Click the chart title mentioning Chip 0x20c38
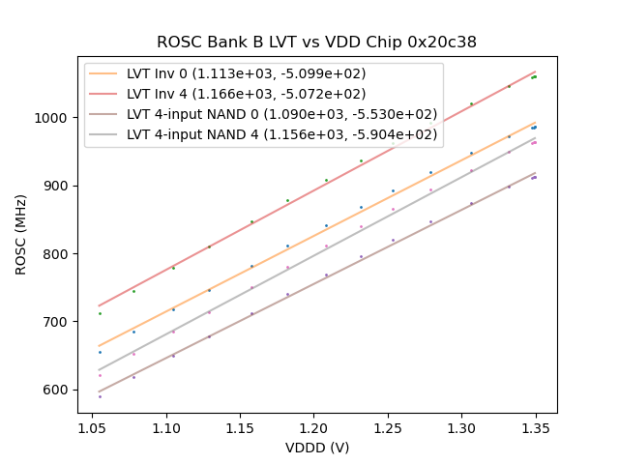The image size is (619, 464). (316, 43)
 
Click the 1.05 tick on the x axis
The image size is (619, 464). (92, 426)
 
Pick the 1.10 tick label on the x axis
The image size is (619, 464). (165, 426)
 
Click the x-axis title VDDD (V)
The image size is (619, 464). (316, 448)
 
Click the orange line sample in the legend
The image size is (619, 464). (104, 73)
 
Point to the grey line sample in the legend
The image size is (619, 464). (104, 134)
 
